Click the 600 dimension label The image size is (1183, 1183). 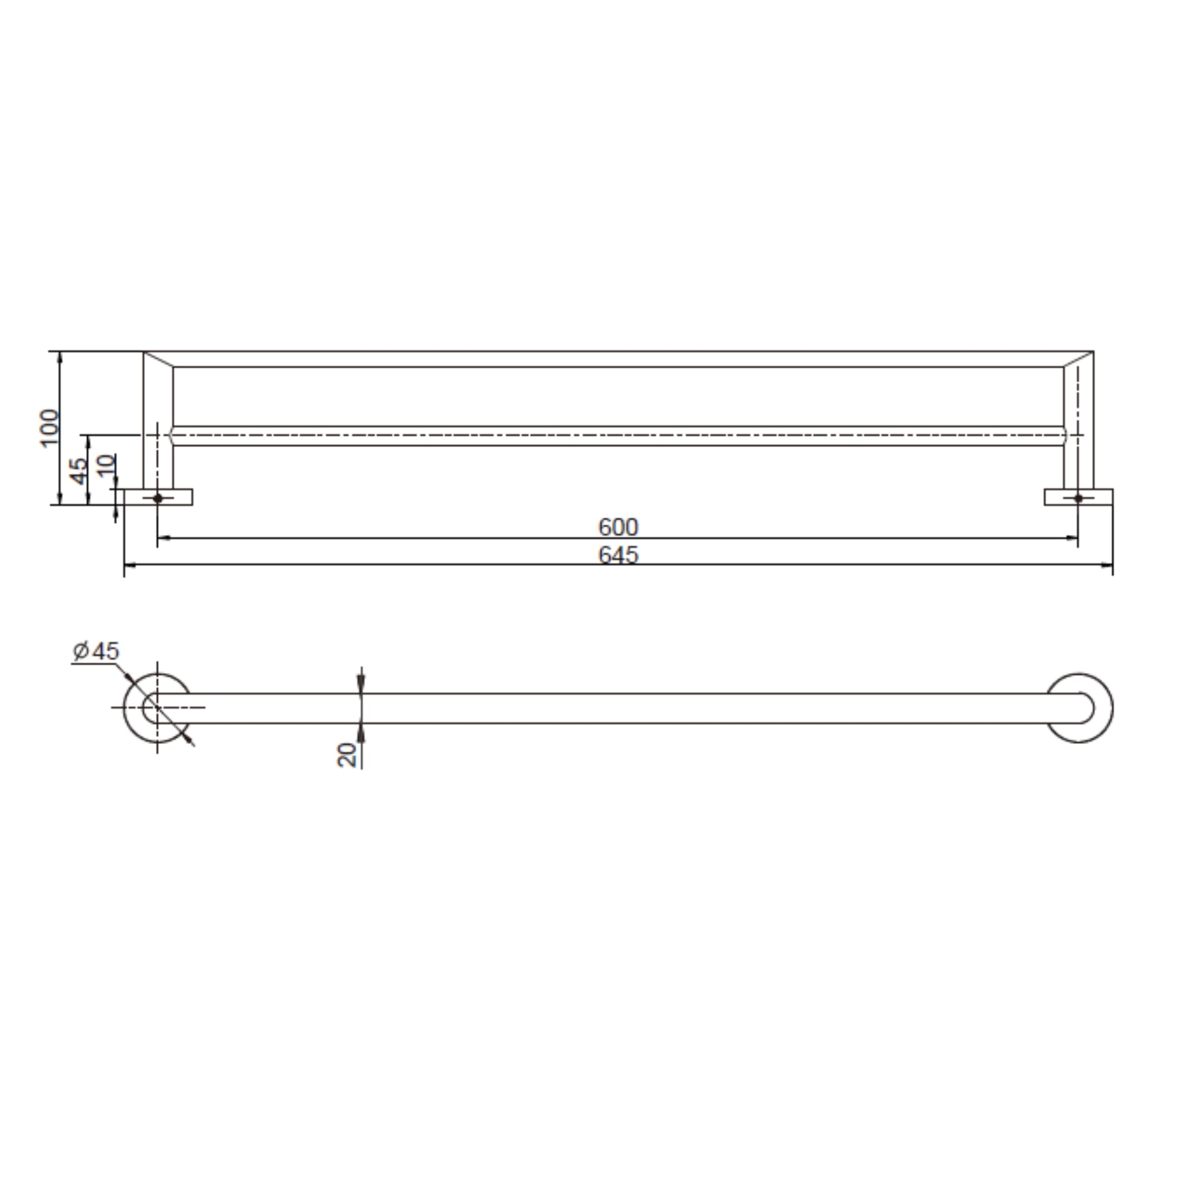point(618,527)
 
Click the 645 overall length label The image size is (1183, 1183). point(618,555)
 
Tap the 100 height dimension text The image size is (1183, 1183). point(50,428)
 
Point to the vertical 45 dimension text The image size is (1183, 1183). point(80,470)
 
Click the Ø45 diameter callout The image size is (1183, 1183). point(96,651)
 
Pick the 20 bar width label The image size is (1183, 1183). point(347,755)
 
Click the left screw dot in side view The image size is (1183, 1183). point(158,498)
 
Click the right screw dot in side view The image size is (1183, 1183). point(1078,498)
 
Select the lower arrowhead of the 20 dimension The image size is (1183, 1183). point(361,731)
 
